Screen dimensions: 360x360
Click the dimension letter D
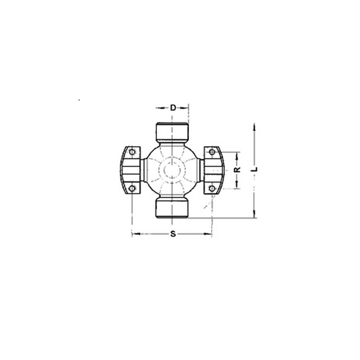pyautogui.click(x=173, y=108)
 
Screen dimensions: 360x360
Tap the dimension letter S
pyautogui.click(x=173, y=234)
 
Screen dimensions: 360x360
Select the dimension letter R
pyautogui.click(x=237, y=170)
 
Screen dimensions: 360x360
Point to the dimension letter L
pyautogui.click(x=254, y=169)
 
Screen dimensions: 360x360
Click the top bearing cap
pyautogui.click(x=172, y=132)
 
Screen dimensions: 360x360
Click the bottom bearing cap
pyautogui.click(x=172, y=208)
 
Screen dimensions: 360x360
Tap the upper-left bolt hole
pyautogui.click(x=132, y=152)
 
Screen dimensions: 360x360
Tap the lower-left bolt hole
pyautogui.click(x=132, y=189)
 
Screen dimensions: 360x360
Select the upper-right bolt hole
pyautogui.click(x=212, y=152)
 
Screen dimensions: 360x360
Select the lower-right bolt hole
pyautogui.click(x=212, y=189)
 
